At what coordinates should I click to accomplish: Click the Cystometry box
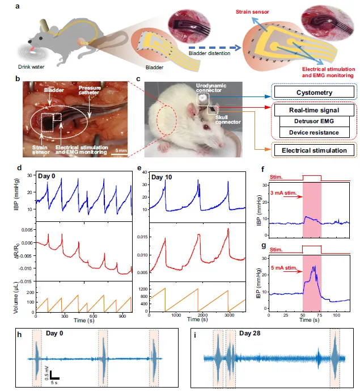[x=314, y=92]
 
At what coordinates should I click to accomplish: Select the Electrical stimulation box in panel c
[x=314, y=150]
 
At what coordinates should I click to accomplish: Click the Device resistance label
[x=314, y=133]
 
